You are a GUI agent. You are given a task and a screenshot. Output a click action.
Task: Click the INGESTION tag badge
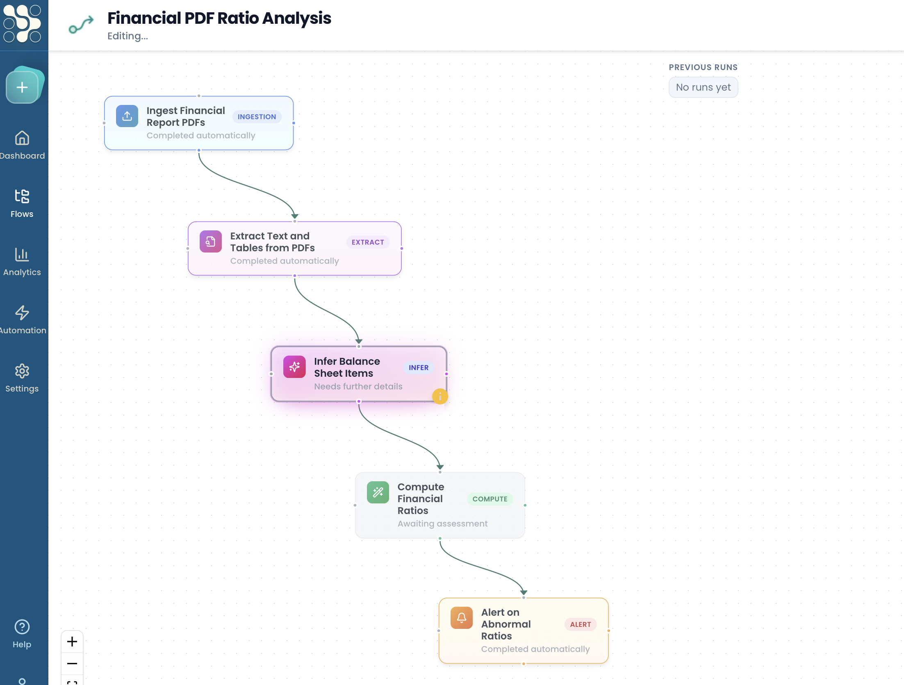(x=257, y=117)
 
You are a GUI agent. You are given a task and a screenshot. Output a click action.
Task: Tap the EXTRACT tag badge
(x=368, y=242)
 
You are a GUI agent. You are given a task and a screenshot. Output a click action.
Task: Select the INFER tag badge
(x=418, y=368)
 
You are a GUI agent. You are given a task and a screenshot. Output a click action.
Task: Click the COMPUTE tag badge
(x=490, y=499)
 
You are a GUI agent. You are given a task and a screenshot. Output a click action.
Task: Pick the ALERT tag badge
(x=580, y=624)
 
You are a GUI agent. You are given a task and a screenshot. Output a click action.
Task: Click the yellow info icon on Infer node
(x=440, y=396)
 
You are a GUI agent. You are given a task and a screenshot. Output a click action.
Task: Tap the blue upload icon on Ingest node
(x=127, y=116)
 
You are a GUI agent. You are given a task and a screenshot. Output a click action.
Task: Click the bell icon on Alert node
(x=461, y=618)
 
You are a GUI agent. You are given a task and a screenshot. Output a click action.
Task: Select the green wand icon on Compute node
(x=378, y=492)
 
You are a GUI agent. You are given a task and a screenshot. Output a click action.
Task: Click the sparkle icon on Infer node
(x=294, y=367)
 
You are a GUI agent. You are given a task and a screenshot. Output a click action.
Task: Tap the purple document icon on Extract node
(x=210, y=241)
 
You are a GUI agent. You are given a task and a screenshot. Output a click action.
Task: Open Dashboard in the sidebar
(x=22, y=145)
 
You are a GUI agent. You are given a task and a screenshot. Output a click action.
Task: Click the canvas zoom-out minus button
(x=72, y=663)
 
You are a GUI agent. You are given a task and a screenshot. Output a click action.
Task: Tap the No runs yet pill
(x=703, y=87)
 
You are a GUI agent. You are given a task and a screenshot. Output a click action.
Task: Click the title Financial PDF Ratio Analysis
(x=219, y=18)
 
